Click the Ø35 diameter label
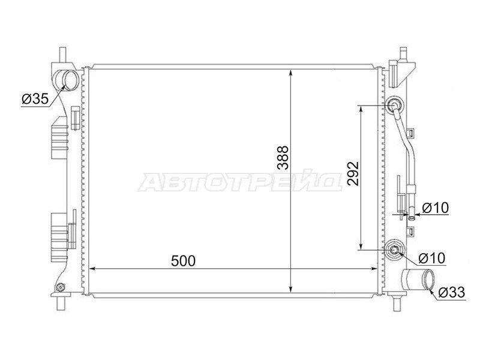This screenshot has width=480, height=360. coord(35,98)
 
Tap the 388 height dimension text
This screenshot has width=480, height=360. coord(283,158)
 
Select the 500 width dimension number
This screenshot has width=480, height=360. coord(183,261)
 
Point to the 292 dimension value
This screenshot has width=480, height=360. coord(353,173)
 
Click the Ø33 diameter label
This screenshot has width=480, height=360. coord(451,292)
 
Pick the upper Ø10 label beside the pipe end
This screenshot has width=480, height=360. coord(435,208)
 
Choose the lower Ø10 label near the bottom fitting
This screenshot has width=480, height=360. coord(431,258)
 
